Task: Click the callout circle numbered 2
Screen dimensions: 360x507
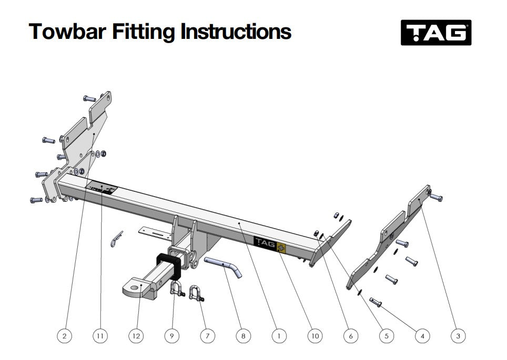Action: point(64,335)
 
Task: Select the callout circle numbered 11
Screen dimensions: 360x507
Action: point(100,335)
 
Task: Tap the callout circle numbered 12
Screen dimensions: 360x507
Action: point(136,335)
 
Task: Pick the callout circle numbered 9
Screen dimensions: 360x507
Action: point(171,335)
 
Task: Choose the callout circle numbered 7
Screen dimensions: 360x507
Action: point(207,335)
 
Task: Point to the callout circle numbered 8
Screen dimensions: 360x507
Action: point(243,335)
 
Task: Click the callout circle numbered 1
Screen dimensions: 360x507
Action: point(279,335)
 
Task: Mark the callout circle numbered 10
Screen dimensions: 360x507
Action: point(315,335)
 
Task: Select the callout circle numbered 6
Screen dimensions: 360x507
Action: point(350,335)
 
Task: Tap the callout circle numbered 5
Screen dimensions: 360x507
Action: point(386,335)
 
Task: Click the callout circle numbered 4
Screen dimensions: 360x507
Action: point(422,335)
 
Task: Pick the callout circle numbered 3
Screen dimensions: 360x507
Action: point(458,335)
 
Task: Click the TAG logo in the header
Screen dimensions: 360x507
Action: point(436,33)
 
